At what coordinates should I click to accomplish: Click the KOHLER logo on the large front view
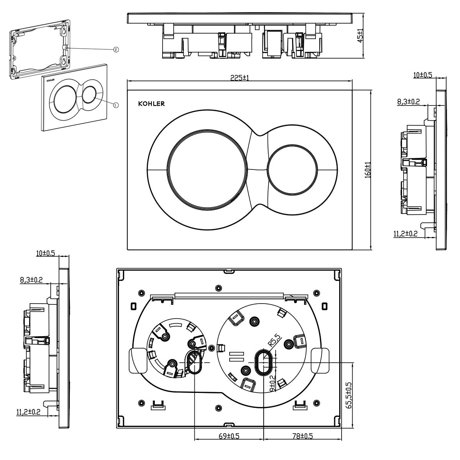click(151, 103)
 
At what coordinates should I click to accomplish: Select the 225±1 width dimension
click(240, 77)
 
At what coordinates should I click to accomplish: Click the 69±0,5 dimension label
click(229, 436)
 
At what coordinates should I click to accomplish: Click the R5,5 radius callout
click(275, 340)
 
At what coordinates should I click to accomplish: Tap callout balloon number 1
click(116, 104)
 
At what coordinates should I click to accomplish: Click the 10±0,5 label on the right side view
click(422, 75)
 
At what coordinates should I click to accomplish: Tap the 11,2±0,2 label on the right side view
click(405, 233)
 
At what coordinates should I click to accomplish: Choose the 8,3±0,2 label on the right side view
click(409, 102)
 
